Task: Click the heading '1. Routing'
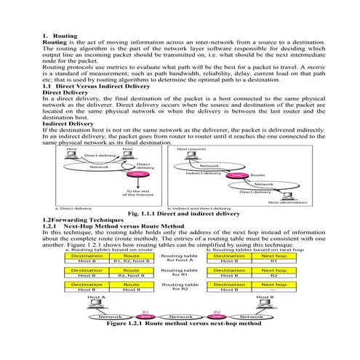click(60, 35)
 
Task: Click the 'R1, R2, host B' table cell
click(132, 260)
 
